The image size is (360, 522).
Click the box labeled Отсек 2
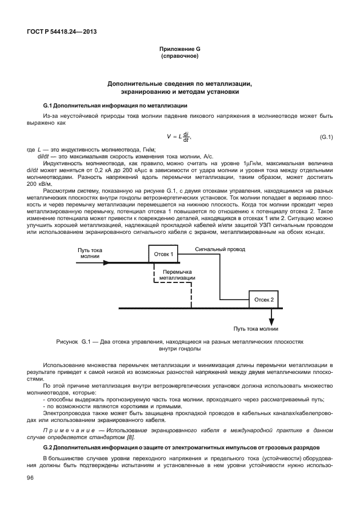264,299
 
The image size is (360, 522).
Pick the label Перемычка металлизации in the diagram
177,275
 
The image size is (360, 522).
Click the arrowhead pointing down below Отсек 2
271,321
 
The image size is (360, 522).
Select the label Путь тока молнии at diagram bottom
255,329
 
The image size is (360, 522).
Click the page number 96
31,478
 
